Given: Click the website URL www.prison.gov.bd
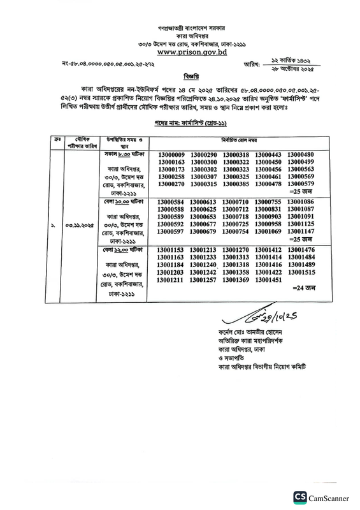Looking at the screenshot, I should pos(180,54).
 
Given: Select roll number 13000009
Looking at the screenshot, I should pos(170,155).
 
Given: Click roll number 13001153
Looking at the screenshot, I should pos(170,250).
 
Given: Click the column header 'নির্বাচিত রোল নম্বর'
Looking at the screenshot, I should pos(236,140).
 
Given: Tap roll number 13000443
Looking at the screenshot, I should pos(268,155).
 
